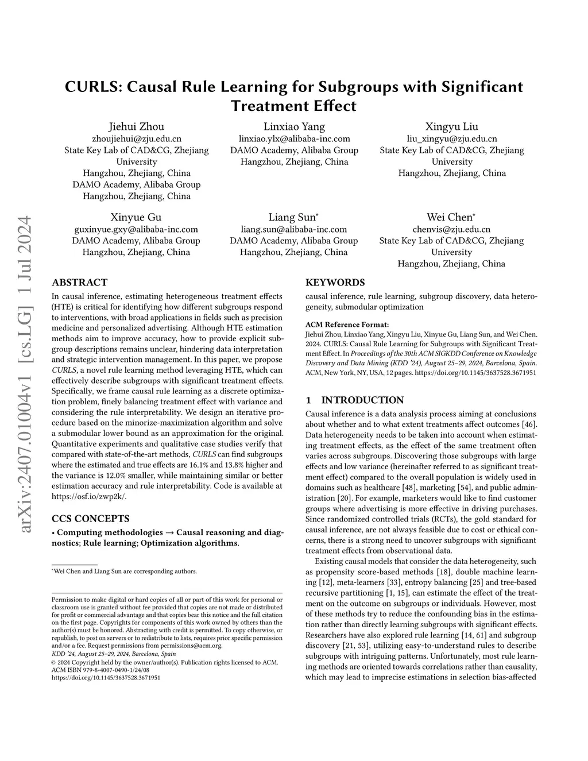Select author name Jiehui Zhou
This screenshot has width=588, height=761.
137,126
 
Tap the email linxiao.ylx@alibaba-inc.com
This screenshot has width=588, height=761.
294,138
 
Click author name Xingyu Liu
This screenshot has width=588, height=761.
451,126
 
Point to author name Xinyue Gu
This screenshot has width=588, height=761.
136,217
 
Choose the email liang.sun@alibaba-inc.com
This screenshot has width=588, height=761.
294,229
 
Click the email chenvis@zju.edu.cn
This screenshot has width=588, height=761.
451,229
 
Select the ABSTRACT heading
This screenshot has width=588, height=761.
79,283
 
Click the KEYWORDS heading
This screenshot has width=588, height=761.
335,283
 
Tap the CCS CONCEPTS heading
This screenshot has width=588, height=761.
90,519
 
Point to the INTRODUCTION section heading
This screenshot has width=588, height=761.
362,400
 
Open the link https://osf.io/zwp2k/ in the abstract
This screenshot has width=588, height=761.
88,496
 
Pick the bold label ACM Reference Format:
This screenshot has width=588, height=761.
347,325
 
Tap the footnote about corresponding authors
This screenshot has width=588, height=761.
125,571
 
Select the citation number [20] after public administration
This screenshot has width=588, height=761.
345,497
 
